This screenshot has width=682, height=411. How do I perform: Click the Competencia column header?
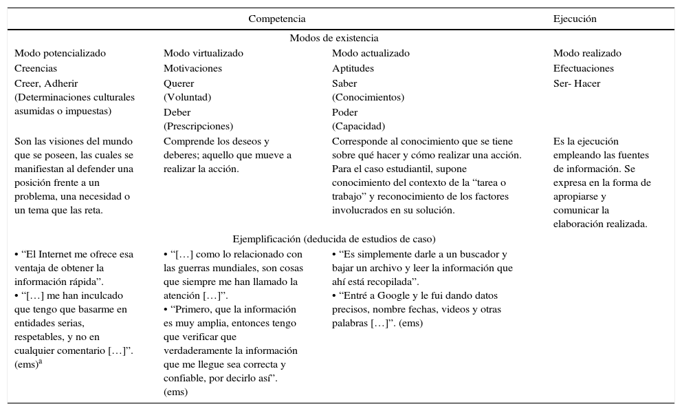276,19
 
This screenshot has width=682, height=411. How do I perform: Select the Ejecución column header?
575,19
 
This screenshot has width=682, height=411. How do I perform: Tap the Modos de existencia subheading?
333,39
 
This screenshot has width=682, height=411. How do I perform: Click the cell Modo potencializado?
60,54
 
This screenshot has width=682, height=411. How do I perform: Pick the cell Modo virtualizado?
203,54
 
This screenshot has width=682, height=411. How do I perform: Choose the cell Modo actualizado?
371,54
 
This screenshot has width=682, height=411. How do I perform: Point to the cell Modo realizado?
587,54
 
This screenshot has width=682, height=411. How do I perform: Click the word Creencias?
36,69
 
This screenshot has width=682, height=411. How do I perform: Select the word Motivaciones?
192,69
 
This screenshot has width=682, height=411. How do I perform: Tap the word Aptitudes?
353,69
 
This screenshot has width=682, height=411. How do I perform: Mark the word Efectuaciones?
583,69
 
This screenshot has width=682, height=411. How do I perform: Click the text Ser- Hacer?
576,84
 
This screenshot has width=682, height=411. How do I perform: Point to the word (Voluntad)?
187,98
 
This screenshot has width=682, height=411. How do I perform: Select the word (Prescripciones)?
198,127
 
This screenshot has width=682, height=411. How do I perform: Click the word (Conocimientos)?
368,98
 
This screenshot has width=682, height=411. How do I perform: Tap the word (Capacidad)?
358,127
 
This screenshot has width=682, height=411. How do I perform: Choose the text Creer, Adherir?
46,84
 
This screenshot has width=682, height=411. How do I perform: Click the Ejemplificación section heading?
333,240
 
